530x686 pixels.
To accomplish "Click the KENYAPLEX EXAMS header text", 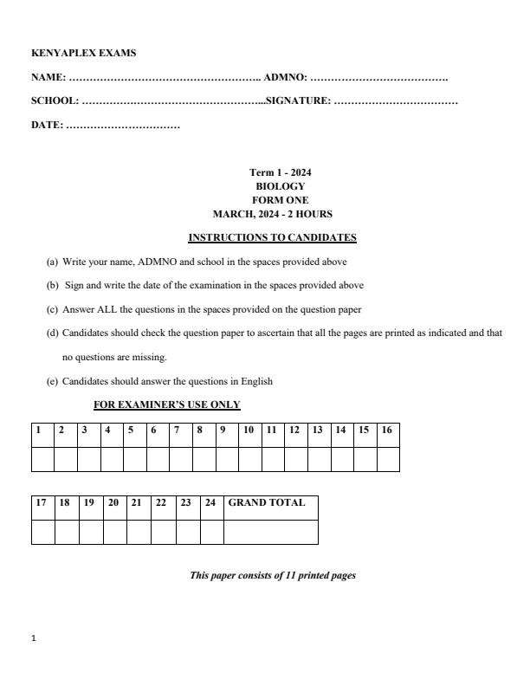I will coord(84,54).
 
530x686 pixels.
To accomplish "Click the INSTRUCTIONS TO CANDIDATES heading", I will coord(272,237).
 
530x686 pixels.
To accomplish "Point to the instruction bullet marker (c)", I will coord(52,309).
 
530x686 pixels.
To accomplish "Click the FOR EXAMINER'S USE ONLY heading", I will coord(166,404).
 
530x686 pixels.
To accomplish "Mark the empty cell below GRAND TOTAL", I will coord(270,532).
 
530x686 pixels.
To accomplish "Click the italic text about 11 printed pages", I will coord(272,575).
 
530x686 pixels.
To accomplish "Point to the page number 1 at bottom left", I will coord(33,638).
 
